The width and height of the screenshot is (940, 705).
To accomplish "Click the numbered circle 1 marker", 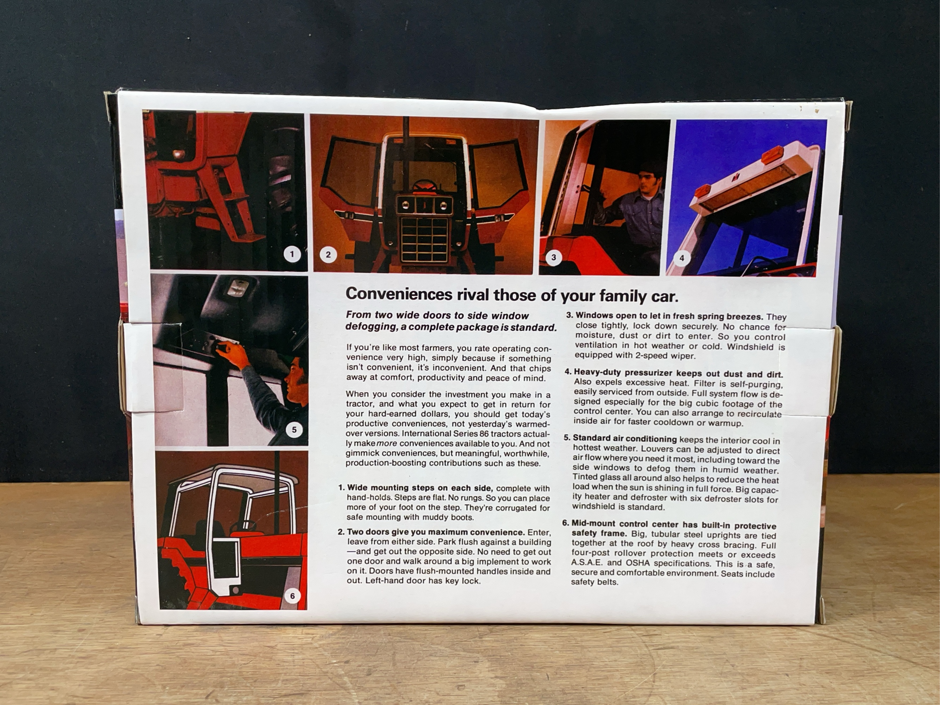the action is click(x=291, y=255).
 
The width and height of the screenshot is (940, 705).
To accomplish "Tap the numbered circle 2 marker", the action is click(x=328, y=255).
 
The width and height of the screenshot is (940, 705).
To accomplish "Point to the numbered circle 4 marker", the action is click(x=682, y=258).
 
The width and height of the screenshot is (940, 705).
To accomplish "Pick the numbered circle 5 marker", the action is click(x=294, y=430).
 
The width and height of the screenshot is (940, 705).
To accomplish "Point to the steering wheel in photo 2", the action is click(x=423, y=186).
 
